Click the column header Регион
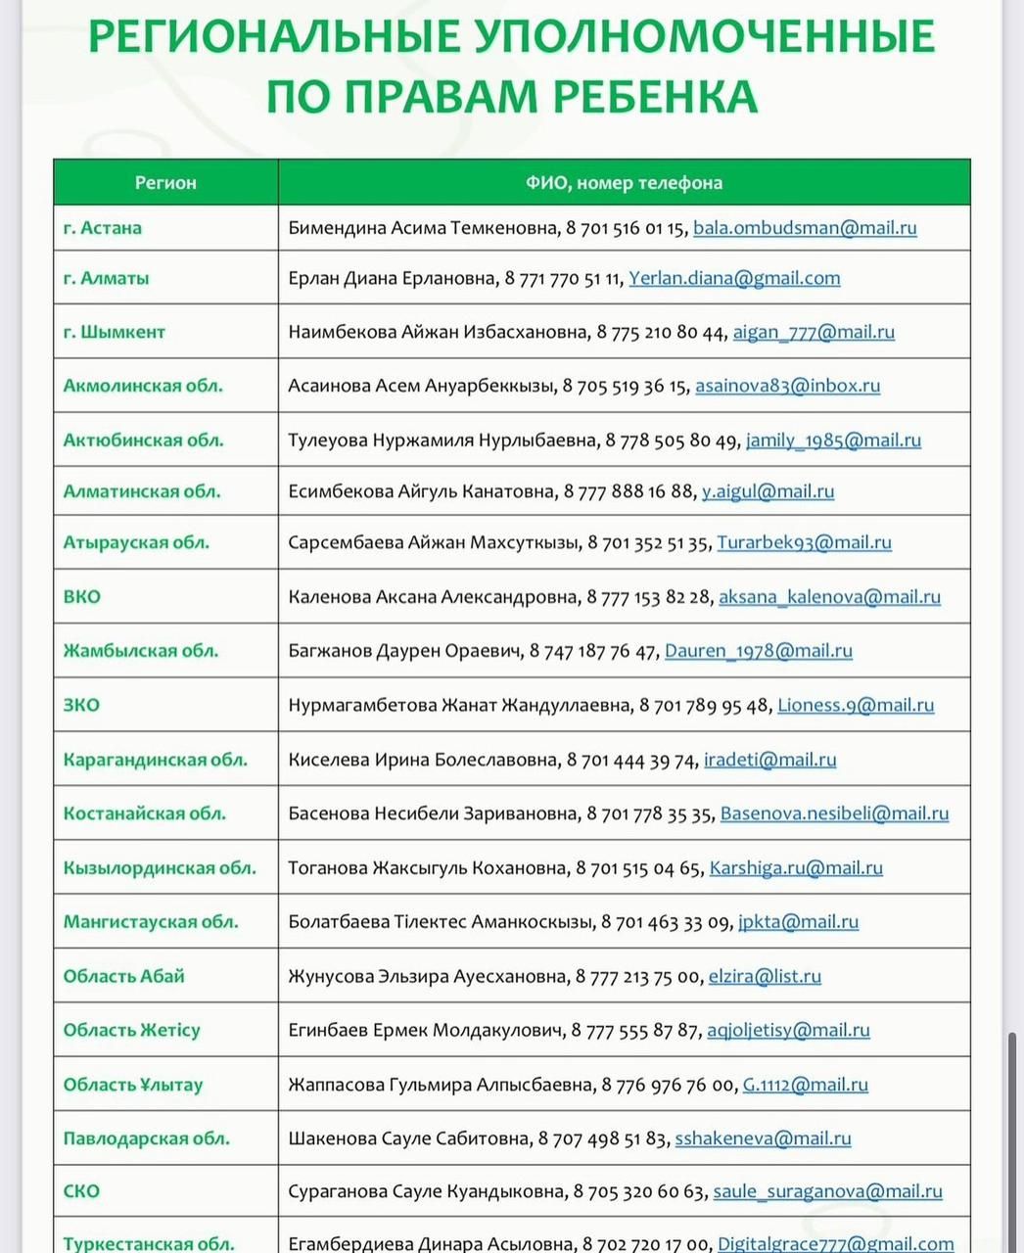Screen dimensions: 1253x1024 coord(165,183)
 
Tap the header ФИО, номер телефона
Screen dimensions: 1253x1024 coord(624,183)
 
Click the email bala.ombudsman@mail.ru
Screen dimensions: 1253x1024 coord(805,228)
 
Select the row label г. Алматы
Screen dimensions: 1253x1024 coord(107,278)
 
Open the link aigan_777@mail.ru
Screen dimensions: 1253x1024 coord(814,332)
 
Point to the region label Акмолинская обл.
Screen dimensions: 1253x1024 coord(143,386)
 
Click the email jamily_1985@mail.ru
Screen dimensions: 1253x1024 coord(833,441)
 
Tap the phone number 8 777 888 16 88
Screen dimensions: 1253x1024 coord(628,491)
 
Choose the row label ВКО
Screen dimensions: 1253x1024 coord(82,597)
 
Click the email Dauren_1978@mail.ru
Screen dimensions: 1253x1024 coord(758,651)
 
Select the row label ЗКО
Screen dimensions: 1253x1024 coord(82,705)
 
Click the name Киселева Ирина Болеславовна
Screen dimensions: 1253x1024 coord(423,760)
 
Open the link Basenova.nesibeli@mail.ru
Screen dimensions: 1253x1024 coord(834,813)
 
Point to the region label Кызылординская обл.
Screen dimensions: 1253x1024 coord(160,868)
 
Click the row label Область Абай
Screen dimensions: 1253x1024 coord(124,976)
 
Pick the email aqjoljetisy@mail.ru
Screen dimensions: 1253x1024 coord(788,1030)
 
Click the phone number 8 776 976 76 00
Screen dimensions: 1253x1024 coord(668,1085)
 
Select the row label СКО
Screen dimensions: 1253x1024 coord(82,1191)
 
